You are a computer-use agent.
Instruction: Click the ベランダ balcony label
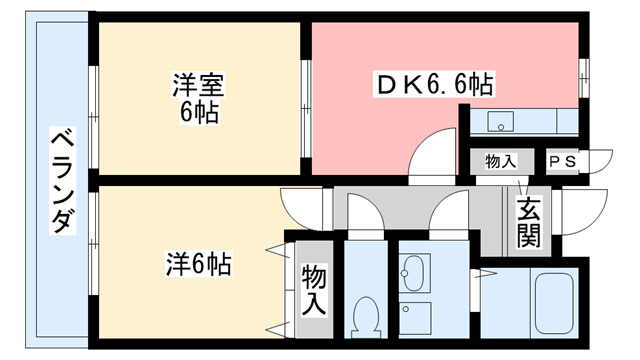tap(61, 180)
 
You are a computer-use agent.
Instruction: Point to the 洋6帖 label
tap(198, 265)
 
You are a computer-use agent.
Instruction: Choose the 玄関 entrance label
tap(527, 223)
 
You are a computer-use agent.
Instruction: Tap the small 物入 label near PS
tap(499, 161)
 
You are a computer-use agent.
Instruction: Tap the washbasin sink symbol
tap(414, 271)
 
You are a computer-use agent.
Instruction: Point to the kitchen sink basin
tap(499, 122)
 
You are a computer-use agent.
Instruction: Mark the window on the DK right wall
tap(583, 75)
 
